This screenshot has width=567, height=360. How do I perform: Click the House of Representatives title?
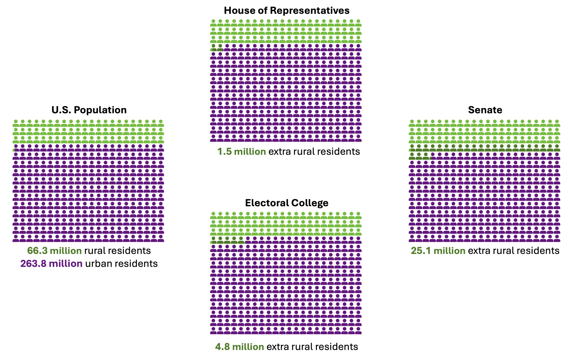click(287, 11)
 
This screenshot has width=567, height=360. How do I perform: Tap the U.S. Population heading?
click(89, 110)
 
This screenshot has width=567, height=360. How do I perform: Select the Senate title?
click(485, 110)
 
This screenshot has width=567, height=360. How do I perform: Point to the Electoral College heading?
click(287, 203)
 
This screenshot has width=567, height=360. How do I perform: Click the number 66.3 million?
click(55, 251)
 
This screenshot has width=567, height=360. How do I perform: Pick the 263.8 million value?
click(52, 263)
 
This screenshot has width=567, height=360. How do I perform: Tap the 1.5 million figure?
click(242, 151)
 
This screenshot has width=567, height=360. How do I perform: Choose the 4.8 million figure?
click(240, 347)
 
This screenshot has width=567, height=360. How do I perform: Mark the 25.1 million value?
click(438, 251)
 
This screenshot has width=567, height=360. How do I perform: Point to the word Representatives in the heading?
click(310, 11)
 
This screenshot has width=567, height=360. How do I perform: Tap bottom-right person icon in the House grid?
click(358, 138)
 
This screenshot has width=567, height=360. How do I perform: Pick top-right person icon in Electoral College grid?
click(358, 216)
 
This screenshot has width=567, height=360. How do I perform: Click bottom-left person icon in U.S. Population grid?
click(16, 238)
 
